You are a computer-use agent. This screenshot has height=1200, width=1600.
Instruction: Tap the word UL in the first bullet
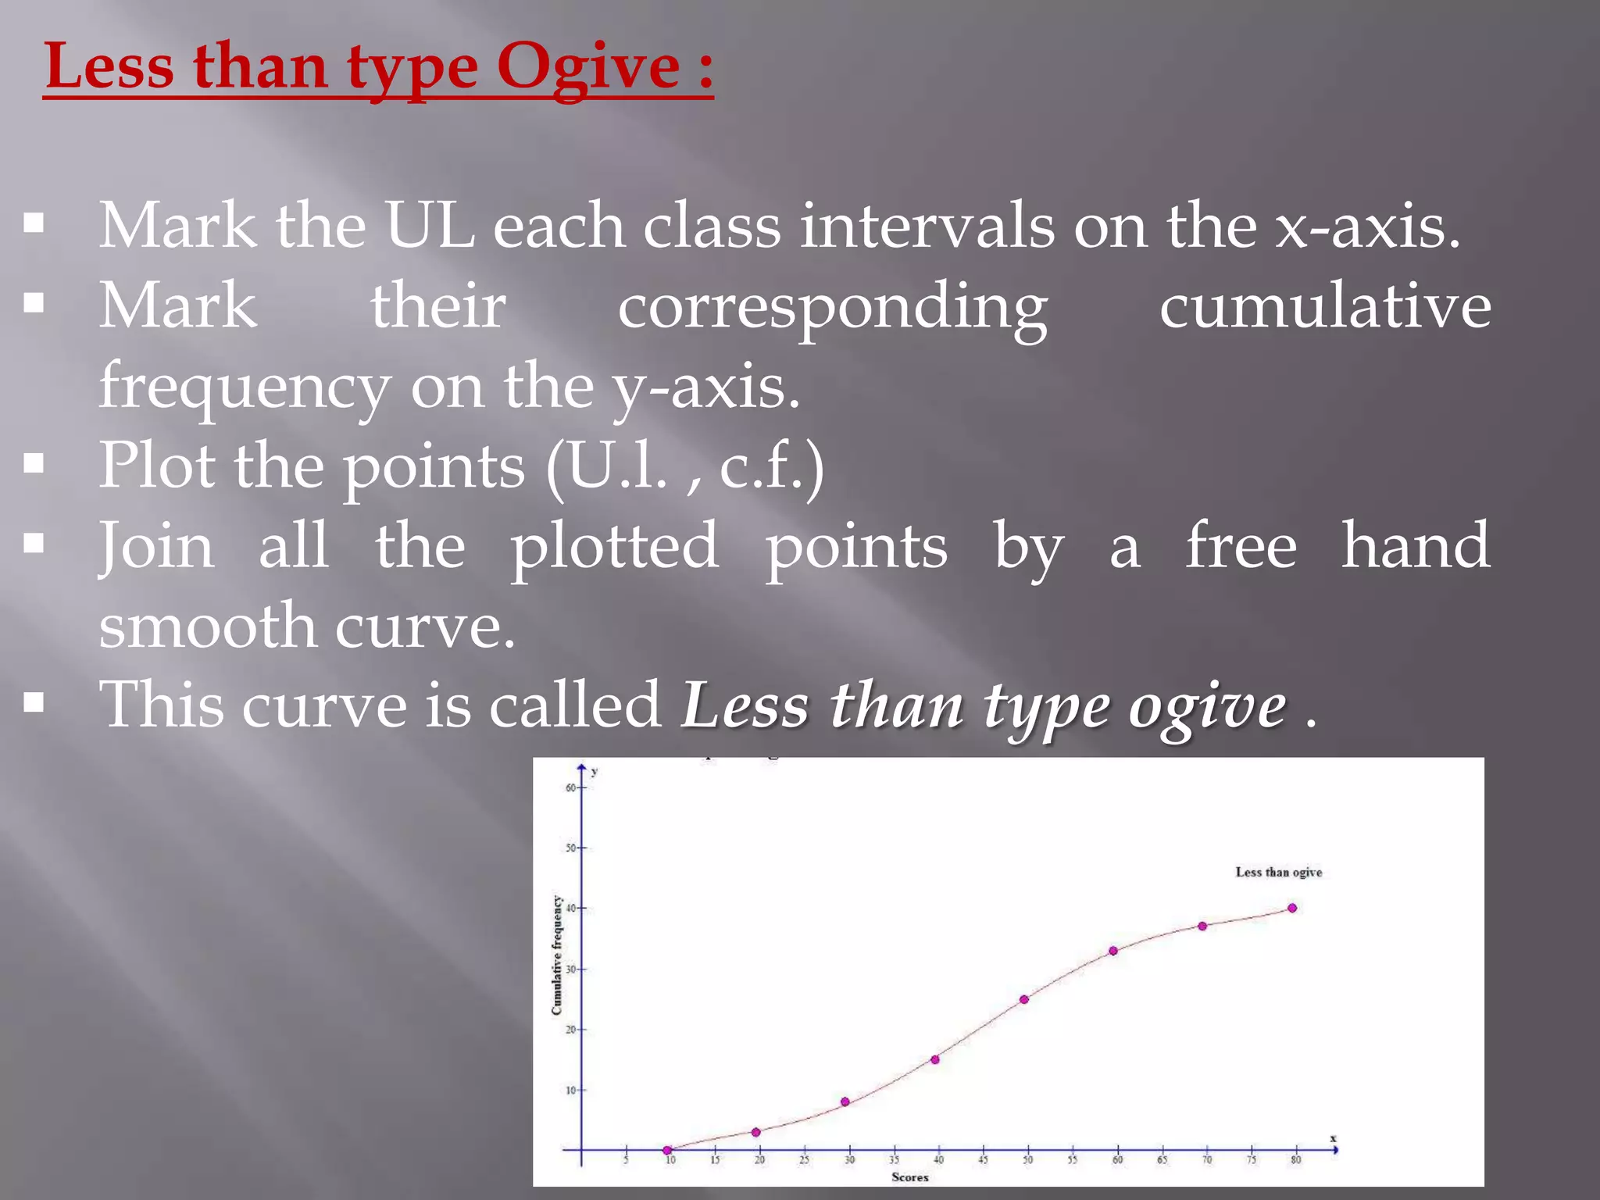(430, 227)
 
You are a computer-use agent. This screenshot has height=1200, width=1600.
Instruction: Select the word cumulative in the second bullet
(1325, 306)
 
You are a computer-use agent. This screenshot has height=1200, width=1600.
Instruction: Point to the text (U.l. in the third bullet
(606, 466)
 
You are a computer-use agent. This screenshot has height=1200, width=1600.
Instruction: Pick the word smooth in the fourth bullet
(207, 627)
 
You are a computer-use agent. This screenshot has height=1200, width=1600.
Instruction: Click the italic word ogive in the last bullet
(1207, 707)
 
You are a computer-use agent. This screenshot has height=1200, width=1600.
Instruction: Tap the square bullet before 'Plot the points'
(34, 464)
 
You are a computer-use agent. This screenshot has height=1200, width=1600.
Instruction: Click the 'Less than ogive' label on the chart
(1278, 872)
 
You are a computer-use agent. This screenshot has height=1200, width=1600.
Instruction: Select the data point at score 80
(1292, 908)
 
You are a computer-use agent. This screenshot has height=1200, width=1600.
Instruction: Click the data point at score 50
(1023, 999)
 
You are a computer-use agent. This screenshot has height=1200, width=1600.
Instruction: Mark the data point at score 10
(667, 1150)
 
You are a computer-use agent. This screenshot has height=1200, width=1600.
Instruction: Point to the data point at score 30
(845, 1102)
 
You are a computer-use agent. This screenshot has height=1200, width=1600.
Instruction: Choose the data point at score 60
(1113, 951)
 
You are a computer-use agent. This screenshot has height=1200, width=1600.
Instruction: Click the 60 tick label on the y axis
(571, 787)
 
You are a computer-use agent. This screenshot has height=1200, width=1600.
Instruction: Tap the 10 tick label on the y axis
(571, 1090)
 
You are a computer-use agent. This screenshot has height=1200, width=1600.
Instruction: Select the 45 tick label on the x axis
(983, 1161)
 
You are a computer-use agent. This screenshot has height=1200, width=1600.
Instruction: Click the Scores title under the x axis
(910, 1177)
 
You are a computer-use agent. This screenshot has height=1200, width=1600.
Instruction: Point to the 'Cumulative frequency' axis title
(557, 955)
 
